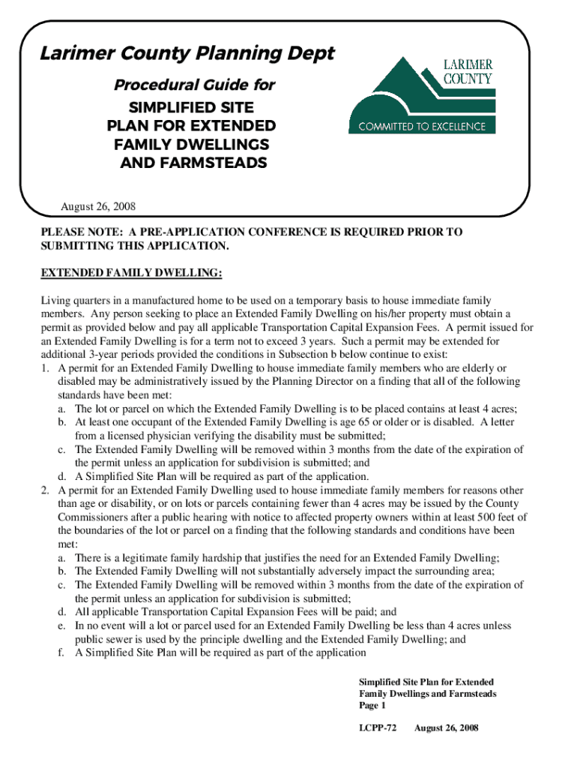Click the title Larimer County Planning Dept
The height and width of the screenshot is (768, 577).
[x=187, y=55]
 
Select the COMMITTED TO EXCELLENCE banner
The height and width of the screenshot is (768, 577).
[x=422, y=127]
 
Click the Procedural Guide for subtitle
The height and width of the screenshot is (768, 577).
[x=193, y=85]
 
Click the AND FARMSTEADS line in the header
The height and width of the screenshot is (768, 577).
[x=193, y=162]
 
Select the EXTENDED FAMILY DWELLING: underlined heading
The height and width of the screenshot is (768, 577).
[x=131, y=272]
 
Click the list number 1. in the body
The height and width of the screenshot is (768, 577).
[x=46, y=368]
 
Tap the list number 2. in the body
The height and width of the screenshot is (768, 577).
[x=46, y=490]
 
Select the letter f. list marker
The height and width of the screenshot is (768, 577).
[x=60, y=652]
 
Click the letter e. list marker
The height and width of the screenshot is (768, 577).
[x=60, y=625]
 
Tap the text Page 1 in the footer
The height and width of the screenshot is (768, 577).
[x=372, y=706]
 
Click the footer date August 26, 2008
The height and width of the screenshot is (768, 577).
[x=446, y=727]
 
